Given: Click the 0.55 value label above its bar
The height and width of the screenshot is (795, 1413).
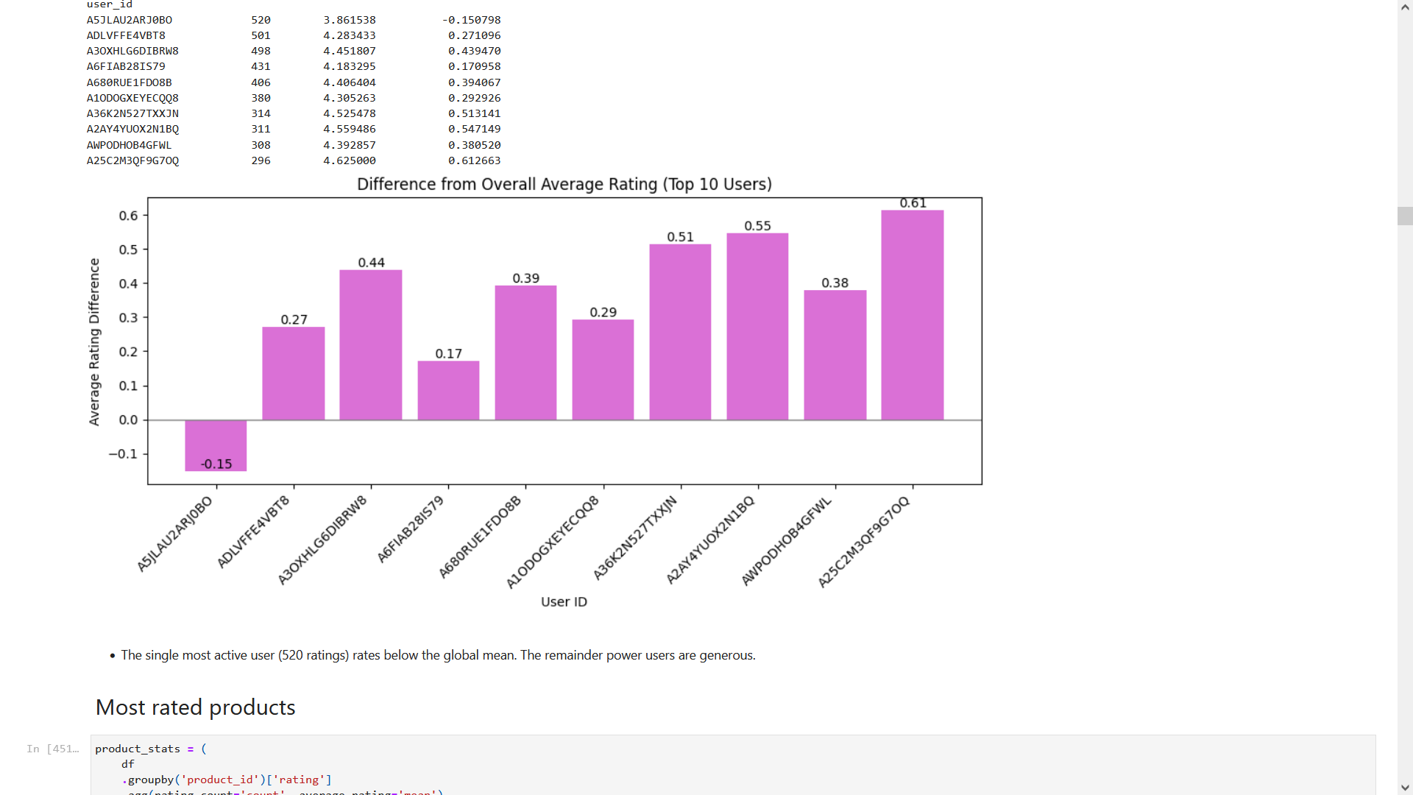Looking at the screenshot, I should click(x=757, y=226).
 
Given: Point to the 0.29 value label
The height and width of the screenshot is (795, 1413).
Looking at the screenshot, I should click(x=603, y=312).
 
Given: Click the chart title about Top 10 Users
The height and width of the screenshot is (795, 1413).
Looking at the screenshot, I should click(x=564, y=184).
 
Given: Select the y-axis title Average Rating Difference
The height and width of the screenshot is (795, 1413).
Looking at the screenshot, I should click(x=94, y=342).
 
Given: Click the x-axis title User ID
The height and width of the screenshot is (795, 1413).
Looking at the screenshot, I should click(x=564, y=601).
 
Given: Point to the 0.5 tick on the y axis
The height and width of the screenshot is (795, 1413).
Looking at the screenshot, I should click(x=128, y=250).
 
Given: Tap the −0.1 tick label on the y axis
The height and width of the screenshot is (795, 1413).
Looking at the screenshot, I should click(x=123, y=453).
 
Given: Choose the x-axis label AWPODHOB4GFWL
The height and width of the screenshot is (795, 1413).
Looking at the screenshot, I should click(x=786, y=540).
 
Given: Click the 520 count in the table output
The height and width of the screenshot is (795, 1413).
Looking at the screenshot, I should click(x=261, y=20).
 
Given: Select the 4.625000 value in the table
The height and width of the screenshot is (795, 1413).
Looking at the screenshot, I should click(x=349, y=160).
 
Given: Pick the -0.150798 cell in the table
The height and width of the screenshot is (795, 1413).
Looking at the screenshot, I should click(x=471, y=20).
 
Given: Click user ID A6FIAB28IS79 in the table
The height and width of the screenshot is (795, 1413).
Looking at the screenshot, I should click(x=126, y=66).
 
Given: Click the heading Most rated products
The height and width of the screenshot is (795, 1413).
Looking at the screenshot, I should click(x=195, y=707).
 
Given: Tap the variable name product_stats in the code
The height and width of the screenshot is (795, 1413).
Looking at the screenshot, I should click(x=138, y=749).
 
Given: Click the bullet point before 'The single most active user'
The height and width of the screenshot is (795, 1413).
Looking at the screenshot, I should click(x=113, y=655).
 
